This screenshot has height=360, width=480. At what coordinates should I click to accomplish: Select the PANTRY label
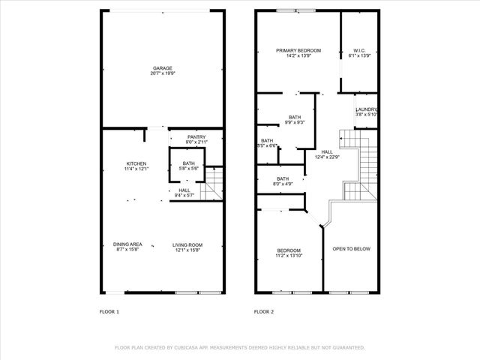coord(196,136)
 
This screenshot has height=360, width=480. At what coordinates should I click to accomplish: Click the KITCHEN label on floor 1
coord(136,163)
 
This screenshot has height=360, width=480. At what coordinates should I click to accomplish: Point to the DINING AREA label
coord(127,244)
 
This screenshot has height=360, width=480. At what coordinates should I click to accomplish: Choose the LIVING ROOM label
coord(187,244)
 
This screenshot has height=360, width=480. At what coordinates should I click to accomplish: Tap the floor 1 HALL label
coord(184,190)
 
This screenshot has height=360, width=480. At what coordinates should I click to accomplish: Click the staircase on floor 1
coord(214,184)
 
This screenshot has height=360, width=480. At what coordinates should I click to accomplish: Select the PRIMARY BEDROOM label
coord(298,50)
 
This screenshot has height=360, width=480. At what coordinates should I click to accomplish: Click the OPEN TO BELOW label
coord(351,249)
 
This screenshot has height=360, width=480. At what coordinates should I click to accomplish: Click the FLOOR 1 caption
coord(109,311)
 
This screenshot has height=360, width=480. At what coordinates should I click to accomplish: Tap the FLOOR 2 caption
coord(264,311)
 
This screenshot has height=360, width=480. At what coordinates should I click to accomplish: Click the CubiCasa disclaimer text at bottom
coord(239,347)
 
